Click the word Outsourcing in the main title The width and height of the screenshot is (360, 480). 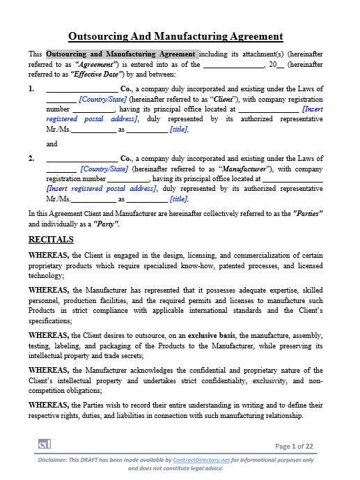click(x=102, y=36)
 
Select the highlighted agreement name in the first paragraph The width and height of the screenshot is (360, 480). click(x=122, y=54)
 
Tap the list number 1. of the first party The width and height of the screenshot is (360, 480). click(x=31, y=89)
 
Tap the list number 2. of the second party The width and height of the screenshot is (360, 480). click(x=31, y=158)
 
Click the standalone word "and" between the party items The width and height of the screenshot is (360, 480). click(x=52, y=144)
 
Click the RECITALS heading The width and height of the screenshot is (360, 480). click(x=51, y=239)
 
